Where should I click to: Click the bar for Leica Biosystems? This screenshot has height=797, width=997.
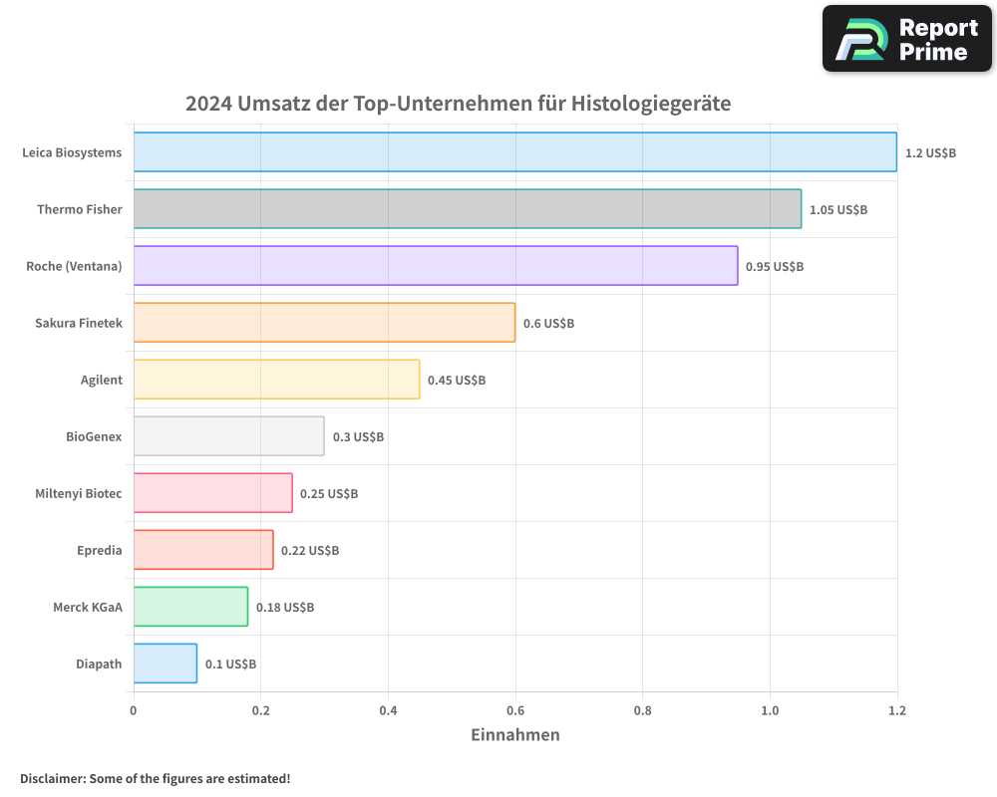514,152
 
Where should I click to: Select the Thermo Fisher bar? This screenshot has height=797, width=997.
467,209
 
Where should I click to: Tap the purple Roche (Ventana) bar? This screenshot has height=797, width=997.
435,266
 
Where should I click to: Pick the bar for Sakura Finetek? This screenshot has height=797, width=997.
324,323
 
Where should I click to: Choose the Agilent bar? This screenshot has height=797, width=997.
276,380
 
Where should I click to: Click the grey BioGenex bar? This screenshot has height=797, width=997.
228,436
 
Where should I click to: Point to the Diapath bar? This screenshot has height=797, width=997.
165,664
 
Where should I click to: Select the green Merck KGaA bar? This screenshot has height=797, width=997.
190,607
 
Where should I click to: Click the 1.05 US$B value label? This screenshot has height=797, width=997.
837,210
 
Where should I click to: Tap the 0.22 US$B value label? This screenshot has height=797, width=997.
309,551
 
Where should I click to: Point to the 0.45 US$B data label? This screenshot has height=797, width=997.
457,381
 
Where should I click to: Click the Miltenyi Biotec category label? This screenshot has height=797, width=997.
79,494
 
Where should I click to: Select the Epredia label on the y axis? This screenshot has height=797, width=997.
100,551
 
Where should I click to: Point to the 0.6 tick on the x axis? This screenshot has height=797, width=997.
515,710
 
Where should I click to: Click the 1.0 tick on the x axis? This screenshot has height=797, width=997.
770,710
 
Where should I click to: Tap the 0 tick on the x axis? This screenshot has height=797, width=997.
134,710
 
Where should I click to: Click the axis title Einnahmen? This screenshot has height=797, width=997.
515,735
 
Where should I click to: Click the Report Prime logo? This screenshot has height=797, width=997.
907,39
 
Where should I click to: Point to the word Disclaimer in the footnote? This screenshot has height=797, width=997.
52,778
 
